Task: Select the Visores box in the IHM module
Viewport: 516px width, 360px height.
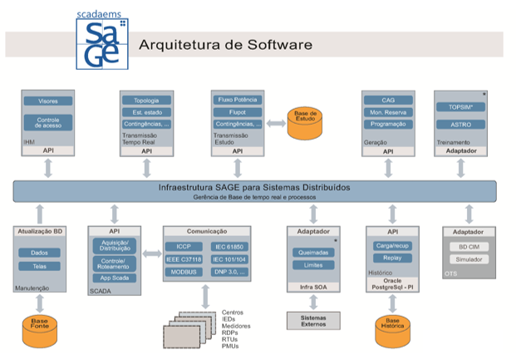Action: pyautogui.click(x=47, y=101)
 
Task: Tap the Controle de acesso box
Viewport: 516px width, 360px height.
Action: pyautogui.click(x=47, y=122)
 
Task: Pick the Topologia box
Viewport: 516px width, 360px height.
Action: pyautogui.click(x=146, y=101)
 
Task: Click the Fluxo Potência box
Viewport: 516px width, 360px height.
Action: pyautogui.click(x=237, y=101)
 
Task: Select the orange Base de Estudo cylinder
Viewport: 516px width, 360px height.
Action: pyautogui.click(x=304, y=120)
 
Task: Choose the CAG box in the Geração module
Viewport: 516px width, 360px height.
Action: pyautogui.click(x=387, y=100)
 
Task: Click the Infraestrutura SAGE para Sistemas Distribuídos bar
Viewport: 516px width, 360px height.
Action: pyautogui.click(x=254, y=190)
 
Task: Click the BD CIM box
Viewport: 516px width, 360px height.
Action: pyautogui.click(x=469, y=247)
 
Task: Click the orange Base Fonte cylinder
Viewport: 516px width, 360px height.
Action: pyautogui.click(x=40, y=324)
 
